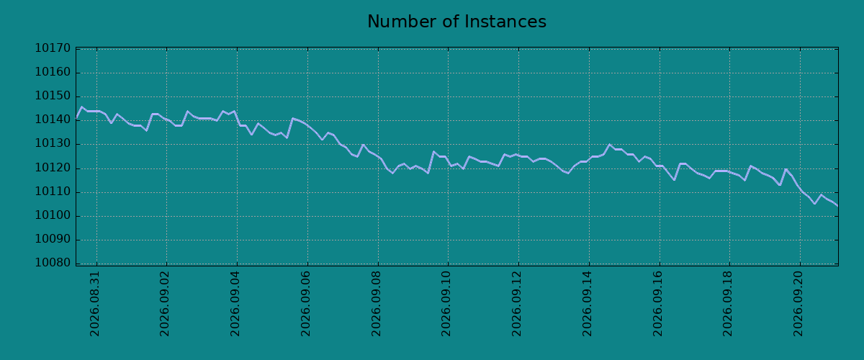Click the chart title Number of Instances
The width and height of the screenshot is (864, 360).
[x=456, y=22]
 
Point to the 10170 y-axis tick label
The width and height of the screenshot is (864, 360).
[x=53, y=48]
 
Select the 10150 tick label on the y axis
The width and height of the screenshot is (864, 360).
[x=53, y=96]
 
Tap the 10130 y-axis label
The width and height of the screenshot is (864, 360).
[x=53, y=144]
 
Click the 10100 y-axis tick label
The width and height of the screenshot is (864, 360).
[x=53, y=216]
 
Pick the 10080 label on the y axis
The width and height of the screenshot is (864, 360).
[x=53, y=263]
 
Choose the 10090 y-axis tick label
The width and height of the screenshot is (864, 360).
[x=53, y=239]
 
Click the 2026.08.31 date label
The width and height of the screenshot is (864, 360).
[x=94, y=304]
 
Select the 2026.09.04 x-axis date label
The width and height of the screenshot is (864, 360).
[x=235, y=304]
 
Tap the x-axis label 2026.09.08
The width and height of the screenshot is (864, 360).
[x=376, y=304]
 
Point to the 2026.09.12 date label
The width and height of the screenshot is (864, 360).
[x=516, y=304]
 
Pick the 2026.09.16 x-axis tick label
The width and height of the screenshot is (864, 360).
[x=657, y=304]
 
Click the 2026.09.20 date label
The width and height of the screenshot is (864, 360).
[x=798, y=304]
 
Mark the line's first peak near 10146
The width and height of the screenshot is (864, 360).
[x=81, y=107]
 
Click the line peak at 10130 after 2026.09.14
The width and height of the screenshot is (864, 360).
[x=609, y=144]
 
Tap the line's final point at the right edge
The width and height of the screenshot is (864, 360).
[x=838, y=206]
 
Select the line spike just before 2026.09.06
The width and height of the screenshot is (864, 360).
[x=292, y=118]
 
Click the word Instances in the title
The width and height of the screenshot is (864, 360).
[x=505, y=22]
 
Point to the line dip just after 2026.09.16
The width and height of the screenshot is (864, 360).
[x=674, y=180]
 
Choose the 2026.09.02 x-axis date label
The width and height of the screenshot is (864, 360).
[x=165, y=304]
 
